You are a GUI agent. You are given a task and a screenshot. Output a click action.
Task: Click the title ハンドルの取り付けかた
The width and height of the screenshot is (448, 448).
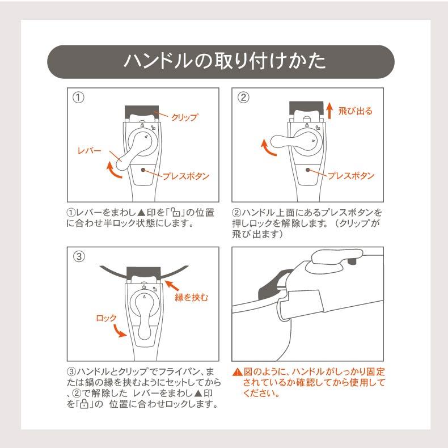(x=224, y=61)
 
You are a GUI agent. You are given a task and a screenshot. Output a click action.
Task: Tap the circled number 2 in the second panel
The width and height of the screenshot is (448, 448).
(x=243, y=97)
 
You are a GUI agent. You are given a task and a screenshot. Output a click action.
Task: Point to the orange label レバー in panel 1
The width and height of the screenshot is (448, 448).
(x=89, y=151)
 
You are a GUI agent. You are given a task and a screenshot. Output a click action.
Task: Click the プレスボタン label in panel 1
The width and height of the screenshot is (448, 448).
(x=186, y=176)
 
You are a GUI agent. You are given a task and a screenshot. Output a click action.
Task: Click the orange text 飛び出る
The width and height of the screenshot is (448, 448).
(x=355, y=111)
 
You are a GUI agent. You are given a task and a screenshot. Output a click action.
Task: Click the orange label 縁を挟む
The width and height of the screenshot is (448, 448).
(x=192, y=297)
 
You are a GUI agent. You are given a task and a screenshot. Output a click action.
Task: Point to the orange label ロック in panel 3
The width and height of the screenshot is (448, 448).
(x=106, y=318)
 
